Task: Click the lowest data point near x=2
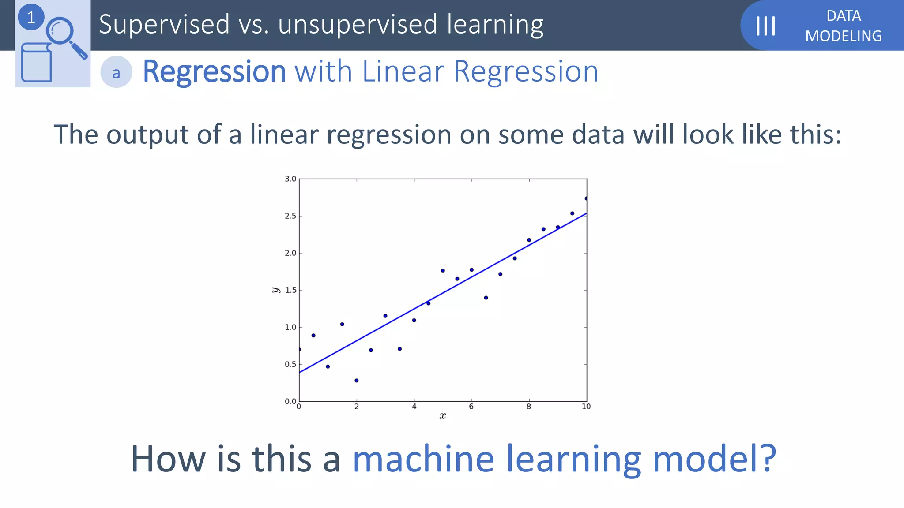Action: coord(357,381)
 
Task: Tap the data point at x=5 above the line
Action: coord(443,271)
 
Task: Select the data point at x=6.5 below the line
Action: coord(486,298)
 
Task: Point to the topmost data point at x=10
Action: coord(586,198)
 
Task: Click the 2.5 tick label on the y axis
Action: coord(290,216)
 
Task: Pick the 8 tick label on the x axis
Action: coord(528,407)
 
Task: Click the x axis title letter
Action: coord(443,416)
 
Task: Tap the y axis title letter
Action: coord(276,290)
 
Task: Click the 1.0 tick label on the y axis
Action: coord(290,327)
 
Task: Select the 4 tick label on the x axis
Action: coord(414,407)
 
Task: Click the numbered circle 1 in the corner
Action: coord(31,18)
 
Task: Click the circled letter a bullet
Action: coord(116,72)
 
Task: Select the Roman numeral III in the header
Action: coord(765,26)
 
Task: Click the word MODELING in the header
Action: coord(843,36)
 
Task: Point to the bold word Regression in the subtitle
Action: coord(215,71)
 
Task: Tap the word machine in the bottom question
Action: coord(423,459)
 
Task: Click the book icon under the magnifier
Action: coord(36,63)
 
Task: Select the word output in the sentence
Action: coord(148,134)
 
